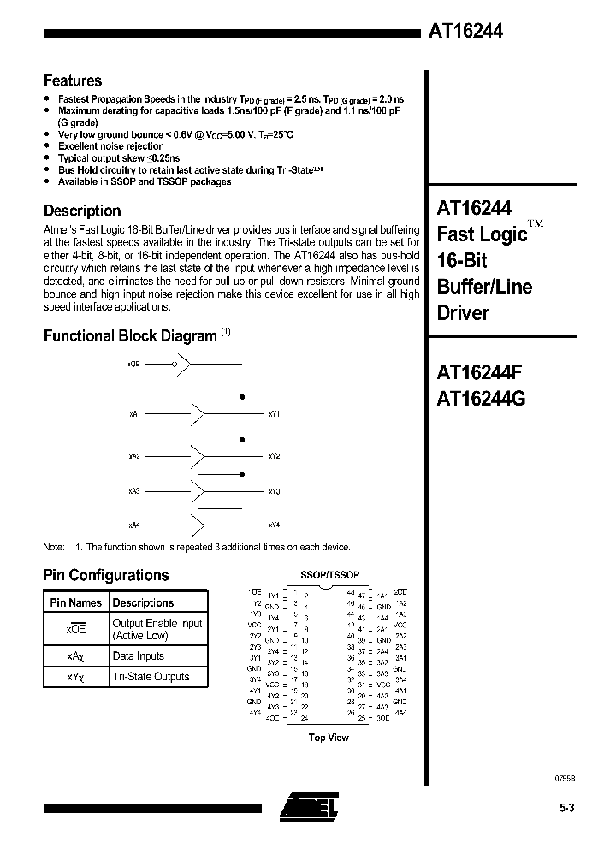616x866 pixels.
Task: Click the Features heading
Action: pyautogui.click(x=73, y=81)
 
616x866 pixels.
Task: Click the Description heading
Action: pyautogui.click(x=82, y=211)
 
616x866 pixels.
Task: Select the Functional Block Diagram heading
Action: pyautogui.click(x=130, y=336)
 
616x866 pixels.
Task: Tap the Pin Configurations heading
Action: pyautogui.click(x=106, y=575)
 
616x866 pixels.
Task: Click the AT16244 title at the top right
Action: pyautogui.click(x=465, y=31)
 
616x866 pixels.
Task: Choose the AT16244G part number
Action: pyautogui.click(x=482, y=399)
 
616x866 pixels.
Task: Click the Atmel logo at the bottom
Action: pyautogui.click(x=308, y=804)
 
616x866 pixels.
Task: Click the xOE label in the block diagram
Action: pyautogui.click(x=133, y=365)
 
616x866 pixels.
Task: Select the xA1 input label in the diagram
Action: pyautogui.click(x=134, y=414)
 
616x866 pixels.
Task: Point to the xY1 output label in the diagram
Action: pyautogui.click(x=274, y=414)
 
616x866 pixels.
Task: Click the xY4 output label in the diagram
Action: pyautogui.click(x=274, y=524)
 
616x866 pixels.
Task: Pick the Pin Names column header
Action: pyautogui.click(x=75, y=602)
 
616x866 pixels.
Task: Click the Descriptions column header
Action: pyautogui.click(x=144, y=602)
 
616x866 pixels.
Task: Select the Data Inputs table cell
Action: pyautogui.click(x=139, y=656)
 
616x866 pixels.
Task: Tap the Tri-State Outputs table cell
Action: pyautogui.click(x=151, y=677)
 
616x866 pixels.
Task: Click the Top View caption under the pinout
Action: pyautogui.click(x=329, y=738)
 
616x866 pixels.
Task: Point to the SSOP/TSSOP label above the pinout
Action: pyautogui.click(x=329, y=576)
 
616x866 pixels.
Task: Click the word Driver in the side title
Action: pyautogui.click(x=464, y=313)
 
